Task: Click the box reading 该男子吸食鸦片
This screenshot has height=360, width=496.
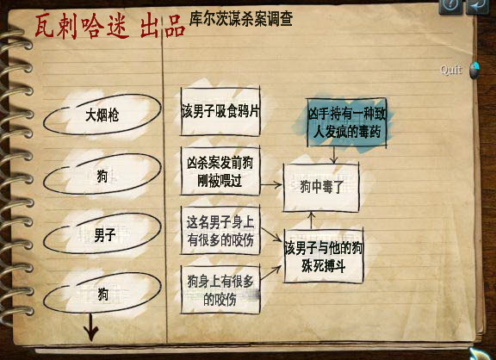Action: (x=220, y=112)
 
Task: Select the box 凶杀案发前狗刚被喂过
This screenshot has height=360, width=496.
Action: (x=220, y=171)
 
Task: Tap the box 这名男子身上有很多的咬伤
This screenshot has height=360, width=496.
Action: (x=220, y=230)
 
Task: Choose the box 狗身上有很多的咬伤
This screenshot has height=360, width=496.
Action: (x=220, y=289)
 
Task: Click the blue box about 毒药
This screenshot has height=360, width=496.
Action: (x=347, y=123)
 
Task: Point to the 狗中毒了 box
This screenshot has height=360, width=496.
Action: (x=321, y=187)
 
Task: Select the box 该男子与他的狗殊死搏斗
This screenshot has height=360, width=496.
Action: (x=323, y=256)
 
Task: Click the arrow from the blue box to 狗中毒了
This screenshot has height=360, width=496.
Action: (x=334, y=155)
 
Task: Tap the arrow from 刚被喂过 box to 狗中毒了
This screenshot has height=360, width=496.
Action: (x=271, y=185)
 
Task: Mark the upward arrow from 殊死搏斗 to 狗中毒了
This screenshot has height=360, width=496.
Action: (x=311, y=220)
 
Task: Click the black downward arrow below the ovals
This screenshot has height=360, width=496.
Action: (x=91, y=327)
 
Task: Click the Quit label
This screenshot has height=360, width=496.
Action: (x=451, y=70)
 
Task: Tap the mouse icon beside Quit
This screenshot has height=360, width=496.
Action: (x=474, y=71)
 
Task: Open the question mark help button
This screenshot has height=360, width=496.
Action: (x=451, y=5)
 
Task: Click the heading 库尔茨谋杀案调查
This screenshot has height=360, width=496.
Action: (x=241, y=19)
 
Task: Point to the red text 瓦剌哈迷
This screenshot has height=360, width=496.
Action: (x=82, y=27)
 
